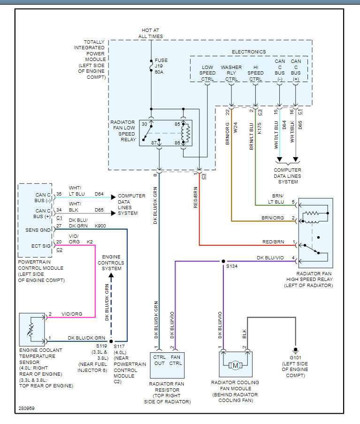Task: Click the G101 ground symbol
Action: tap(296, 350)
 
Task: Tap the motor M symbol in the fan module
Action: tap(236, 365)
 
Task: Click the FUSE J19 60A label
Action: tap(161, 67)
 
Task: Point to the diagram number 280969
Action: tap(27, 408)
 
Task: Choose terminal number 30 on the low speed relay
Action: tap(145, 124)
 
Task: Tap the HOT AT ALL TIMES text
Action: tap(151, 33)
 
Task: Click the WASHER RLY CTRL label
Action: tap(231, 73)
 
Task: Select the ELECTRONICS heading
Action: tap(249, 52)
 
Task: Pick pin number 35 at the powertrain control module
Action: tap(59, 193)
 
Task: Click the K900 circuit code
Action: tap(100, 226)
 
